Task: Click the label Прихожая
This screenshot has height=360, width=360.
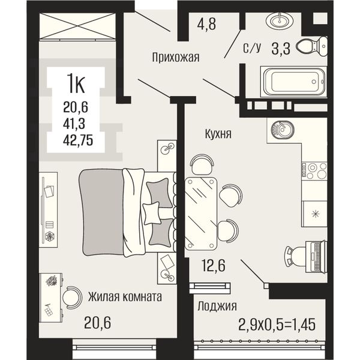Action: tap(176, 57)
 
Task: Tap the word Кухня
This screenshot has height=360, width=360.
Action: tap(218, 134)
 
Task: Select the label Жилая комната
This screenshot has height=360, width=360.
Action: tap(125, 296)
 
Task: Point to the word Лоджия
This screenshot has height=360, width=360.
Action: tap(217, 306)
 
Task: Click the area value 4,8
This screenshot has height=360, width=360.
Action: tap(206, 23)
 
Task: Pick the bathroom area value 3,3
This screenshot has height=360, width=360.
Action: tap(281, 49)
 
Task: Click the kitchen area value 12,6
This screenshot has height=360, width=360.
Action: tap(214, 265)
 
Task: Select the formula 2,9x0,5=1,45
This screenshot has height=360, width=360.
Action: tap(277, 325)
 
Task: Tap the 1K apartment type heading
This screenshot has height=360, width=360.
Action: tap(76, 84)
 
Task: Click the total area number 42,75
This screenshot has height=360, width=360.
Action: tap(78, 140)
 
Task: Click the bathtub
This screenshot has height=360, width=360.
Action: tap(293, 82)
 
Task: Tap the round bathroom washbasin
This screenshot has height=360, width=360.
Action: tap(280, 21)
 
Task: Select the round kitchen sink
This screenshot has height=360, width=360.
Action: tap(283, 128)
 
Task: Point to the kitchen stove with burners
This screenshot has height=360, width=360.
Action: tap(314, 171)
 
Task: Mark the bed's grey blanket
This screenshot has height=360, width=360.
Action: tap(101, 212)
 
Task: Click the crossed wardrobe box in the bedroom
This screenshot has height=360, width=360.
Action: tap(77, 26)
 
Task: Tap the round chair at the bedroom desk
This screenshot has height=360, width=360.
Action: tap(71, 298)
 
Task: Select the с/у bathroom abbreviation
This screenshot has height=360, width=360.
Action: tap(252, 49)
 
